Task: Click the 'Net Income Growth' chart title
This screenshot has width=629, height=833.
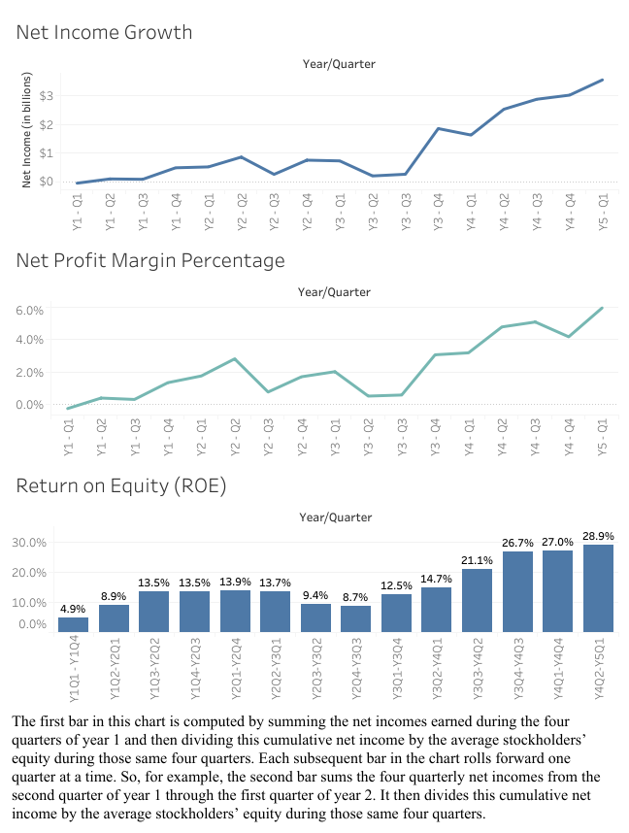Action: click(x=105, y=33)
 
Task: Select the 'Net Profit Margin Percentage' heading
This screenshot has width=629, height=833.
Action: click(x=150, y=261)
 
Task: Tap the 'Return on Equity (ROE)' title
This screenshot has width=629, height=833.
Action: click(x=120, y=486)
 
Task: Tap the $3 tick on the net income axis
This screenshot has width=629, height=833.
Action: click(x=46, y=96)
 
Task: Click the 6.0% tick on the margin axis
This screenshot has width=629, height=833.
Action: click(x=32, y=311)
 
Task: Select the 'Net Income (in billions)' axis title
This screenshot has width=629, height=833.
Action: click(x=27, y=130)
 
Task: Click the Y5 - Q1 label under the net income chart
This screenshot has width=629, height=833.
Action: click(x=603, y=212)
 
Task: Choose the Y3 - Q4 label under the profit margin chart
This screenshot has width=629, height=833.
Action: click(x=436, y=436)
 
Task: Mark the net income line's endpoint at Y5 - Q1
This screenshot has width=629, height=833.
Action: click(x=603, y=80)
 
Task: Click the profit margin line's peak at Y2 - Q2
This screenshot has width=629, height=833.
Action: click(x=235, y=359)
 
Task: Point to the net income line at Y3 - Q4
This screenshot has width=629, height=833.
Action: click(x=439, y=128)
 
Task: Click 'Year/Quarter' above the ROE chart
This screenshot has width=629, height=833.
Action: click(x=337, y=517)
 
